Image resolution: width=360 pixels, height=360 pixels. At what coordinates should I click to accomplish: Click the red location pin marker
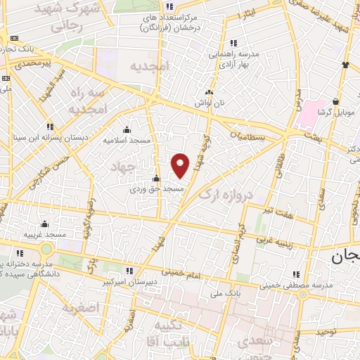click(181, 165)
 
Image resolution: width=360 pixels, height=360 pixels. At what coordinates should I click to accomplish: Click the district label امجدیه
click(150, 65)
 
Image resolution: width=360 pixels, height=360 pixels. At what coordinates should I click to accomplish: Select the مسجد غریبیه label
click(44, 233)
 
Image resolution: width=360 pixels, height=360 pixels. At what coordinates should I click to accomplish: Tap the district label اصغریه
click(78, 308)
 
